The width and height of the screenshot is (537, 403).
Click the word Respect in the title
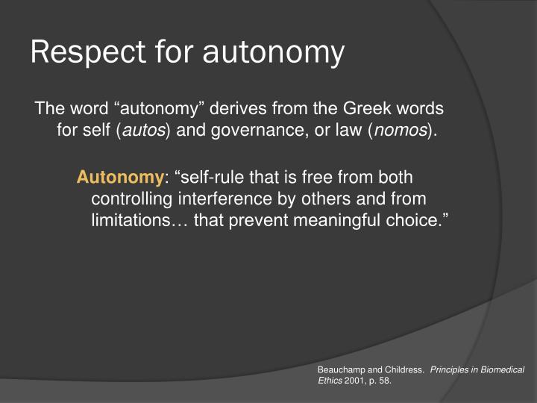point(78,53)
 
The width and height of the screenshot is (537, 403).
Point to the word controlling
point(131,199)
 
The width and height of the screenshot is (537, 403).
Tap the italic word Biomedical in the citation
point(503,370)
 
